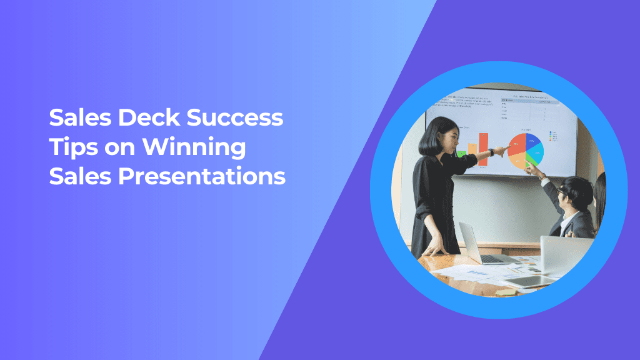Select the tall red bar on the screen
(x=482, y=149)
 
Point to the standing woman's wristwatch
(x=491, y=152)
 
